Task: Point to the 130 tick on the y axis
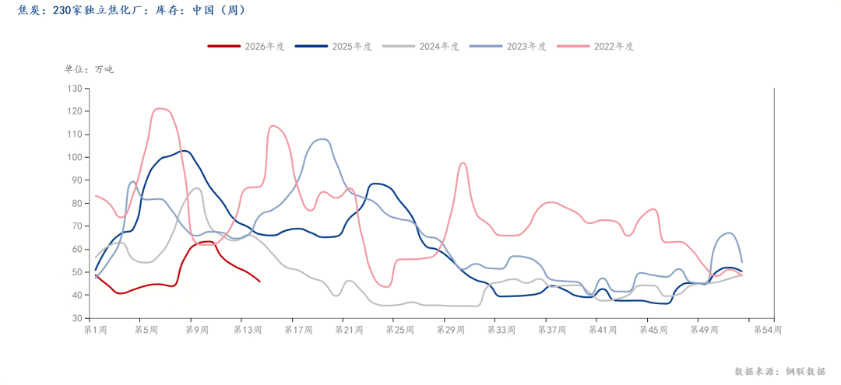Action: click(75, 88)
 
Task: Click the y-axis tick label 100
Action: click(75, 157)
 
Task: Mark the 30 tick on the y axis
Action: click(77, 318)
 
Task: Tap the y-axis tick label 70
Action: click(77, 226)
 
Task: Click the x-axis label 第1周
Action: click(96, 331)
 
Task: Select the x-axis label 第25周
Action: click(399, 331)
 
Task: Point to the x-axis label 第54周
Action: click(768, 331)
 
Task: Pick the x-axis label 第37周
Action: click(551, 331)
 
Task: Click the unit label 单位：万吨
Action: click(89, 69)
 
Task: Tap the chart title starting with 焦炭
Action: click(132, 10)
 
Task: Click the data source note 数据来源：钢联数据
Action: click(779, 371)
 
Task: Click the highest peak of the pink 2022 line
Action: click(160, 108)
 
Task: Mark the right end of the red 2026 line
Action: click(259, 282)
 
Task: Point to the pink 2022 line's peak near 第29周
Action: click(463, 163)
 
